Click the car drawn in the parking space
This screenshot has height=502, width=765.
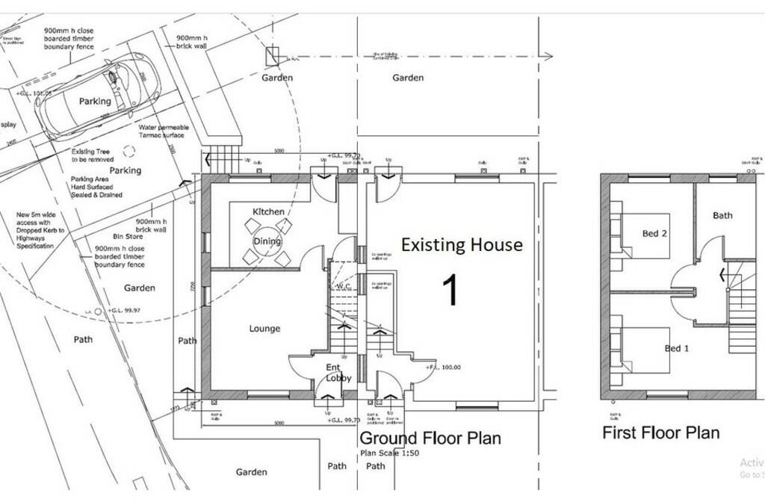pos(95,99)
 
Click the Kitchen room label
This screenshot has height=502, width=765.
pos(268,211)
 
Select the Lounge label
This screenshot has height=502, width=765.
pos(264,329)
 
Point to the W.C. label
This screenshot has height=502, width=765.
pos(344,286)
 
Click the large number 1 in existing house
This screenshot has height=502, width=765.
pos(450,291)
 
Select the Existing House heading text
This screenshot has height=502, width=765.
pos(462,244)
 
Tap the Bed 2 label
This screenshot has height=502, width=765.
pos(654,234)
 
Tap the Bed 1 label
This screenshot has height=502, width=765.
pos(676,348)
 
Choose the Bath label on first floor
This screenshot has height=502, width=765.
pos(722,215)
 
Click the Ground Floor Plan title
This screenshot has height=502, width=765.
pos(430,438)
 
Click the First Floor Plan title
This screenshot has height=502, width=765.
pos(660,433)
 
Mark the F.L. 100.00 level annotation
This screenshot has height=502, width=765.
pos(445,368)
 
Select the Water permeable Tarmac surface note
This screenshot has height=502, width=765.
pos(164,131)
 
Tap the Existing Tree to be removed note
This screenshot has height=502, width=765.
pos(93,155)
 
